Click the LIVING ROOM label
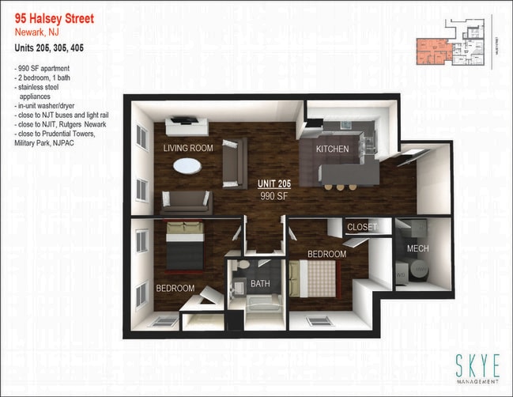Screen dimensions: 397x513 click(188, 148)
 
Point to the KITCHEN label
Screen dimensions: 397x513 click(332, 149)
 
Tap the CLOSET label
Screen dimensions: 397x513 click(362, 227)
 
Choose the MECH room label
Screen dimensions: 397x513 click(417, 248)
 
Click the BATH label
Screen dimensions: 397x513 click(260, 284)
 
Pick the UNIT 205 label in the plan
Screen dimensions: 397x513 click(274, 183)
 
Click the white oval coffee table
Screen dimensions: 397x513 click(187, 166)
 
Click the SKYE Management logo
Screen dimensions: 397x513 click(477, 368)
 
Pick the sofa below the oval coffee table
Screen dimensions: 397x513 click(187, 202)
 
